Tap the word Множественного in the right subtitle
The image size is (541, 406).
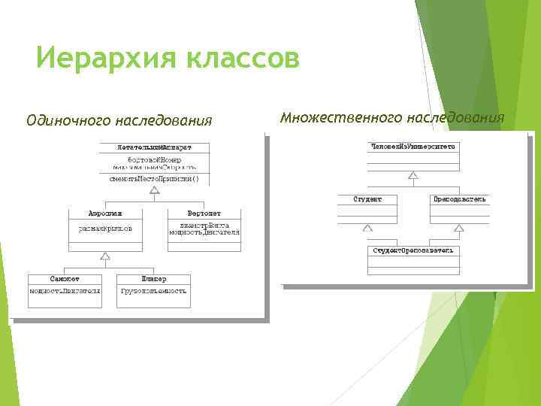click(x=340, y=117)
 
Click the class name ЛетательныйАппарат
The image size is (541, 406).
click(x=154, y=146)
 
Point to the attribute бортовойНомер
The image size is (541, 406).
click(x=154, y=159)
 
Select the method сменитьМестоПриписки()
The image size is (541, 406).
click(x=154, y=178)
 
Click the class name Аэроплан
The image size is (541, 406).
click(x=105, y=213)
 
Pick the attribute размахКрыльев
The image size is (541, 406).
click(x=105, y=226)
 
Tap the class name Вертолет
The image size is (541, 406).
click(x=204, y=213)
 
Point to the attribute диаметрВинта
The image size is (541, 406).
click(x=204, y=225)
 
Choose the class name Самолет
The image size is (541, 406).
click(x=65, y=279)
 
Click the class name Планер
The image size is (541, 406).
click(x=154, y=279)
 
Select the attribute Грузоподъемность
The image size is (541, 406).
click(x=154, y=290)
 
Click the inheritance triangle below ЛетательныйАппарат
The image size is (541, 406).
click(x=154, y=190)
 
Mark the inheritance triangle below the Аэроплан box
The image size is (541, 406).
click(x=105, y=257)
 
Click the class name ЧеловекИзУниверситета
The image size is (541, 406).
click(x=413, y=145)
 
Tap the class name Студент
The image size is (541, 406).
click(x=367, y=199)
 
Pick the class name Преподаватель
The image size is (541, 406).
click(x=460, y=199)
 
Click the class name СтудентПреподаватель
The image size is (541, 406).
click(x=413, y=250)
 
